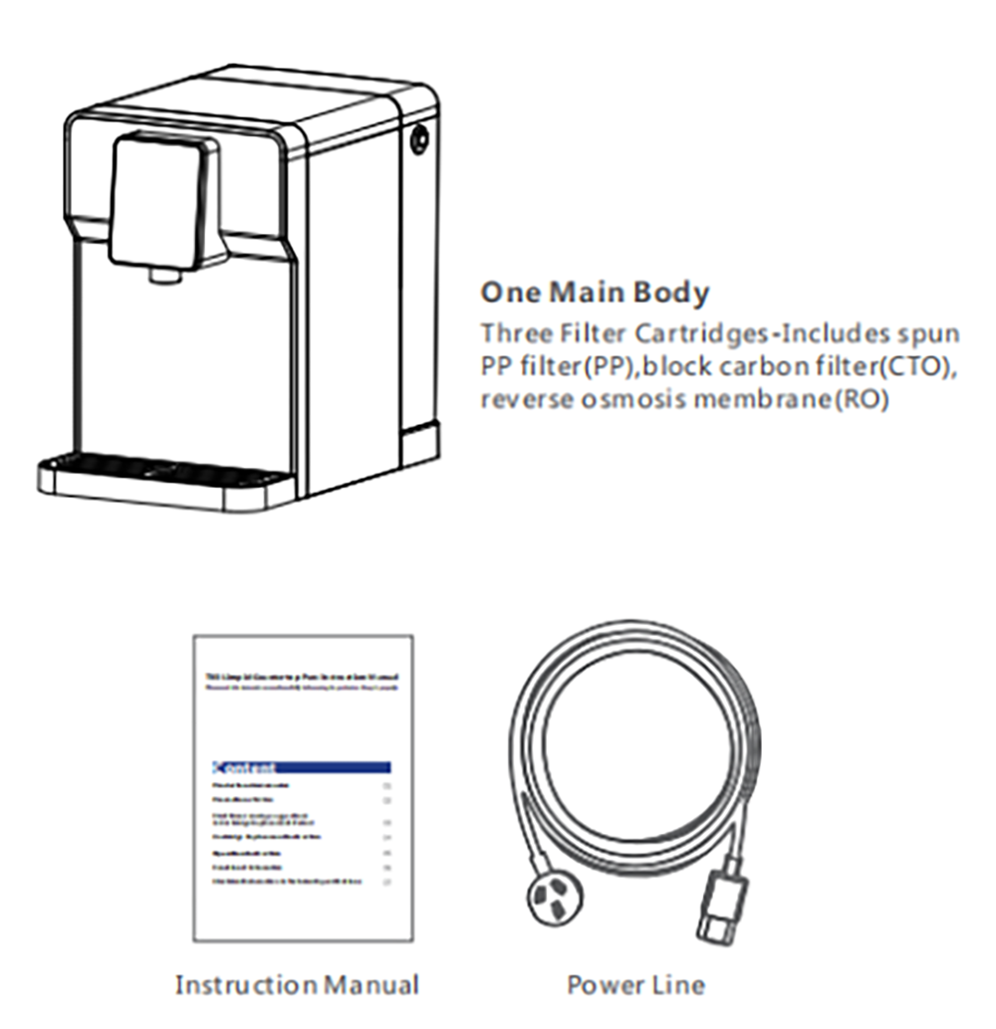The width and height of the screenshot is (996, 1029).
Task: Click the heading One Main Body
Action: click(595, 294)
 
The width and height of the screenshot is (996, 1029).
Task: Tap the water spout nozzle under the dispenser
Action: click(160, 275)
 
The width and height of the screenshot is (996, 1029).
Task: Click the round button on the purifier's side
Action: click(419, 139)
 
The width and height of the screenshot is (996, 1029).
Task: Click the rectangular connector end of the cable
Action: click(721, 906)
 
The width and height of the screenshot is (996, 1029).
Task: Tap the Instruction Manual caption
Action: click(296, 985)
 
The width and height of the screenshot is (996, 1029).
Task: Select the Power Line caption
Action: click(635, 985)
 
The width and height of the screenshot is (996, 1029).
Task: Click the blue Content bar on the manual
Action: click(301, 767)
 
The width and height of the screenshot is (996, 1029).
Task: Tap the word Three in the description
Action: click(514, 331)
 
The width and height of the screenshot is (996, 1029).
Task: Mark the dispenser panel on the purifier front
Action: click(164, 204)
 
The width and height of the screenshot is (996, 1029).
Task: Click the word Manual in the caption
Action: click(370, 985)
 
